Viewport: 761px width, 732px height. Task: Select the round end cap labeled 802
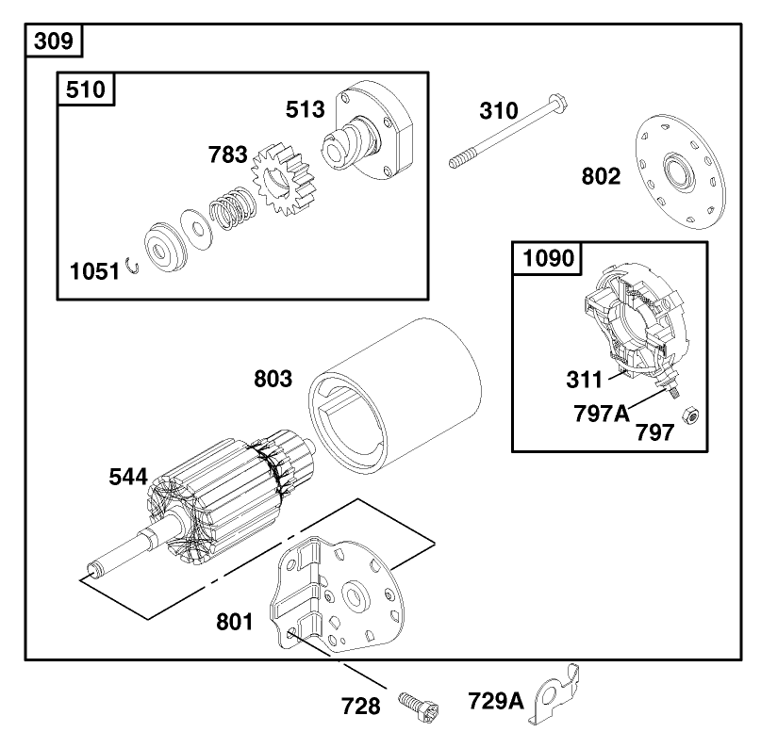point(679,174)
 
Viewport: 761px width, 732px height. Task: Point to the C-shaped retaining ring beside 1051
point(136,268)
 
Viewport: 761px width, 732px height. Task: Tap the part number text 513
point(306,109)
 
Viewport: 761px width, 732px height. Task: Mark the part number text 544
point(126,478)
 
